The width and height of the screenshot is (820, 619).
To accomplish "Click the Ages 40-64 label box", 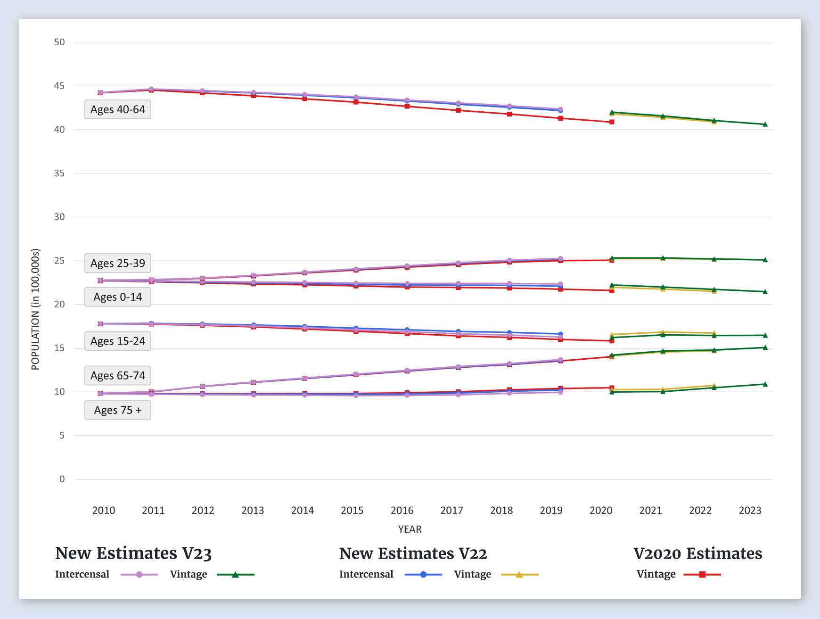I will click(118, 109).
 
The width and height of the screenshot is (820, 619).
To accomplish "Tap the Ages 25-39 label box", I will click(118, 263).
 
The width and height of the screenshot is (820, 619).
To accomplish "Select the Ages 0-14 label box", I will click(118, 297).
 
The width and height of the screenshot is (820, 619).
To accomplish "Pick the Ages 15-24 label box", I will click(118, 341).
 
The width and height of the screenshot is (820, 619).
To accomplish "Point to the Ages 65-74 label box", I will click(118, 376).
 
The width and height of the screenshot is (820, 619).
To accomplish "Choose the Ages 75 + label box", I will click(118, 410).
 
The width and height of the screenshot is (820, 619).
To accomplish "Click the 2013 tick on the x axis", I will click(253, 510).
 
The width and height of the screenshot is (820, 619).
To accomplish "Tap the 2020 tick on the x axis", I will click(601, 510).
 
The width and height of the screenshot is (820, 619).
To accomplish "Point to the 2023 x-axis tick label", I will click(750, 510).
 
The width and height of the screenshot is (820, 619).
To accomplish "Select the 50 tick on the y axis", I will click(59, 42).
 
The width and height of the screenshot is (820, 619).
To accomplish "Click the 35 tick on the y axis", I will click(59, 173).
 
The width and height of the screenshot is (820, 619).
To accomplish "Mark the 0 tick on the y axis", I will click(62, 479).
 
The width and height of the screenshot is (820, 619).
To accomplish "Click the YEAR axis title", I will click(410, 529).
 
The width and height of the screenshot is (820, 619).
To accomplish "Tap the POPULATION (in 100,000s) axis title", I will click(35, 309).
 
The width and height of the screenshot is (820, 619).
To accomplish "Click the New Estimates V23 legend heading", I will click(133, 553).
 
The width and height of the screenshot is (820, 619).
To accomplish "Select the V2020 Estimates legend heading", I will click(697, 553).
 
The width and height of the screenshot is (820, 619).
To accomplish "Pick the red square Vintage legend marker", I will click(702, 575).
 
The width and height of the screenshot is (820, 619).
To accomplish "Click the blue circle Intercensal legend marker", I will click(423, 575).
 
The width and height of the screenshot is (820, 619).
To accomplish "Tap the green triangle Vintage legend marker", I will click(235, 575).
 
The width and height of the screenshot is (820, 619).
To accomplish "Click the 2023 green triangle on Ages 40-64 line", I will click(765, 124).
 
